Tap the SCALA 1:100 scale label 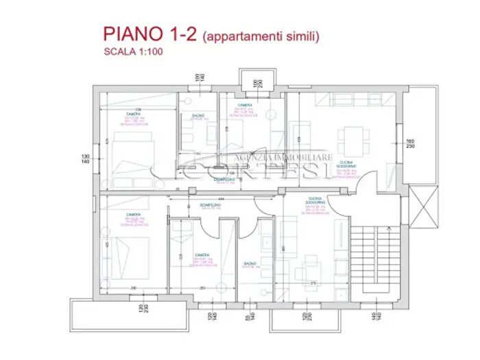(133, 51)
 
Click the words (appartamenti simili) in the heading (262, 36)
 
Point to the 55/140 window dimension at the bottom (248, 317)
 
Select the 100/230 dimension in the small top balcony (256, 84)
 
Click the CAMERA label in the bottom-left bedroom (133, 215)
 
